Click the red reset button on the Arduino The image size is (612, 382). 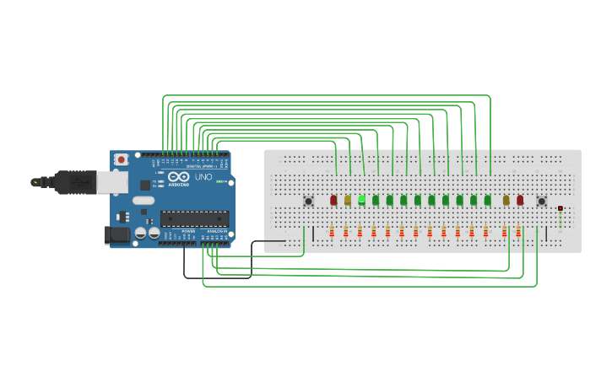(122, 159)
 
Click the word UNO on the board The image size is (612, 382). (203, 178)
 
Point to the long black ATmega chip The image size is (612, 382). (194, 218)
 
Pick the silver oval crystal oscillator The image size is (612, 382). (144, 201)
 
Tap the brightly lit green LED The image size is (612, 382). (361, 200)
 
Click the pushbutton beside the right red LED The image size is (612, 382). (541, 201)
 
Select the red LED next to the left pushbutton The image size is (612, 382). (333, 201)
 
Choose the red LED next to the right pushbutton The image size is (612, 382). (520, 201)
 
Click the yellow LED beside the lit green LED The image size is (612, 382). (347, 201)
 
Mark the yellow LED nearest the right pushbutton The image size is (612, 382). (506, 201)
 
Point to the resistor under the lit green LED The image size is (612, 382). (360, 232)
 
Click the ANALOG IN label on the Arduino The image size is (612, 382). (216, 230)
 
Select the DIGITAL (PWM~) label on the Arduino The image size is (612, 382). (201, 166)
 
